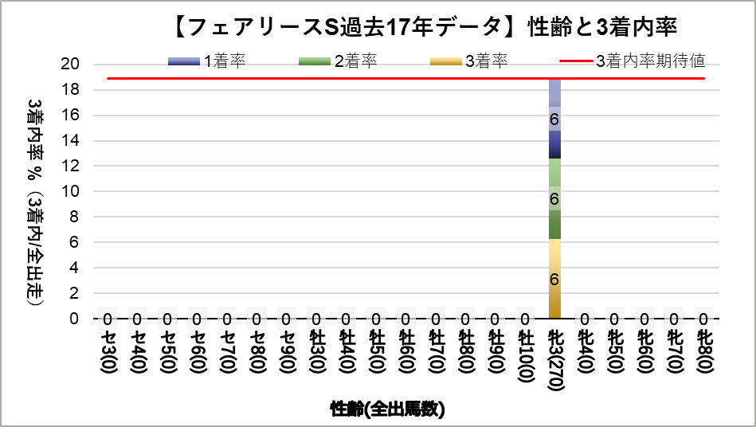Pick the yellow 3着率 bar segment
click(x=554, y=279)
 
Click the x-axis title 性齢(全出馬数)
click(x=388, y=409)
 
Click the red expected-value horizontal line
click(x=319, y=79)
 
